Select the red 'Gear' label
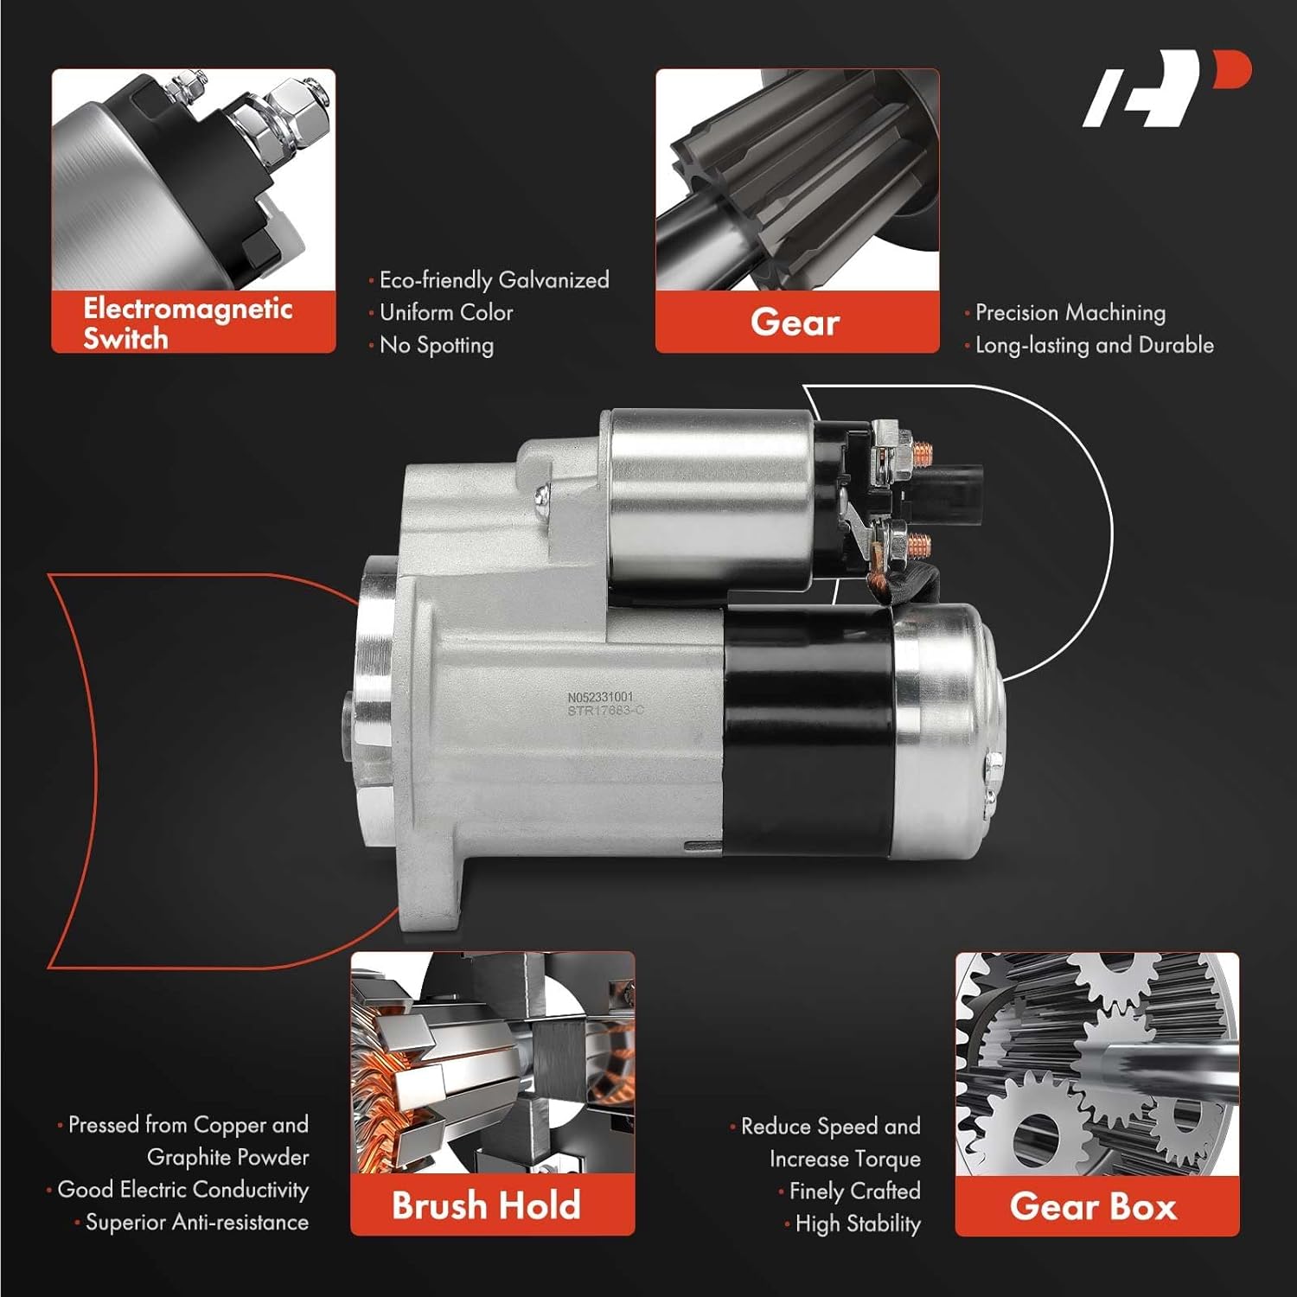[796, 323]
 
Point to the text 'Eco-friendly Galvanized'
[494, 280]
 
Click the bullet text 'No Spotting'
[437, 345]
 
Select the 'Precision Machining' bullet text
[1070, 312]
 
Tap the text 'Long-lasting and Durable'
[1094, 345]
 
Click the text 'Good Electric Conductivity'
[182, 1190]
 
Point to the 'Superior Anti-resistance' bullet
[196, 1222]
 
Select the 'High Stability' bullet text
[857, 1224]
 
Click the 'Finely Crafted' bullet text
[854, 1191]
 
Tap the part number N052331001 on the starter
[600, 696]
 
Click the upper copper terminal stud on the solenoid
[922, 450]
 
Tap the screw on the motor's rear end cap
[994, 763]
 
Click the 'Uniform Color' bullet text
[446, 312]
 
